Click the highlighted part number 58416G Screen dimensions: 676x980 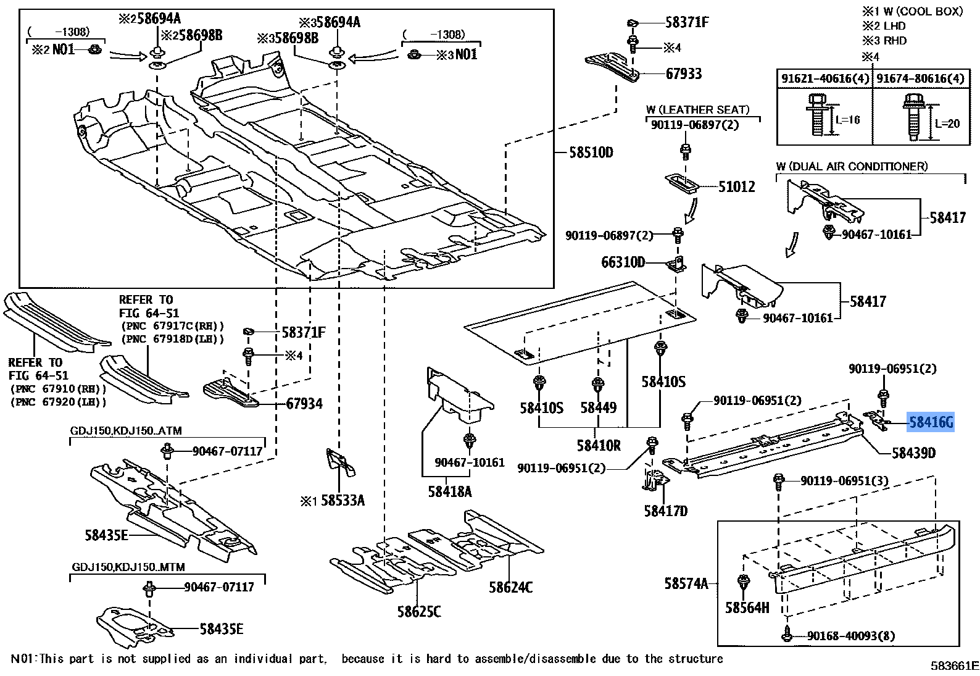point(931,422)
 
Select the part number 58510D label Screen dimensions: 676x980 point(591,152)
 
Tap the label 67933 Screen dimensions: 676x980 point(684,74)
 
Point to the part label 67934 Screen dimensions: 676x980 point(304,404)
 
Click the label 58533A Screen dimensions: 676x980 point(343,500)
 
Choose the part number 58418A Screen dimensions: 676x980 point(450,491)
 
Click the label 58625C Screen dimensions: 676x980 point(419,611)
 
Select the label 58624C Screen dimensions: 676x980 point(510,586)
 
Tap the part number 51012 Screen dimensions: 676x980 point(736,186)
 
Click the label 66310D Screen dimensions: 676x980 point(623,262)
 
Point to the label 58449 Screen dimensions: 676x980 point(598,407)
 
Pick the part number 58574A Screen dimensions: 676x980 point(686,583)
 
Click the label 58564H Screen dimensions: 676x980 point(747,607)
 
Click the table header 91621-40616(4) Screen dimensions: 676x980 point(825,78)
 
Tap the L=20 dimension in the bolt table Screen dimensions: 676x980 point(947,123)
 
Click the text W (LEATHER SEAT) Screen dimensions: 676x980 point(697,110)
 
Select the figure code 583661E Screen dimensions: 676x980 point(955,666)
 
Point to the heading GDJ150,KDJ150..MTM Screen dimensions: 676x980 point(128,567)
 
